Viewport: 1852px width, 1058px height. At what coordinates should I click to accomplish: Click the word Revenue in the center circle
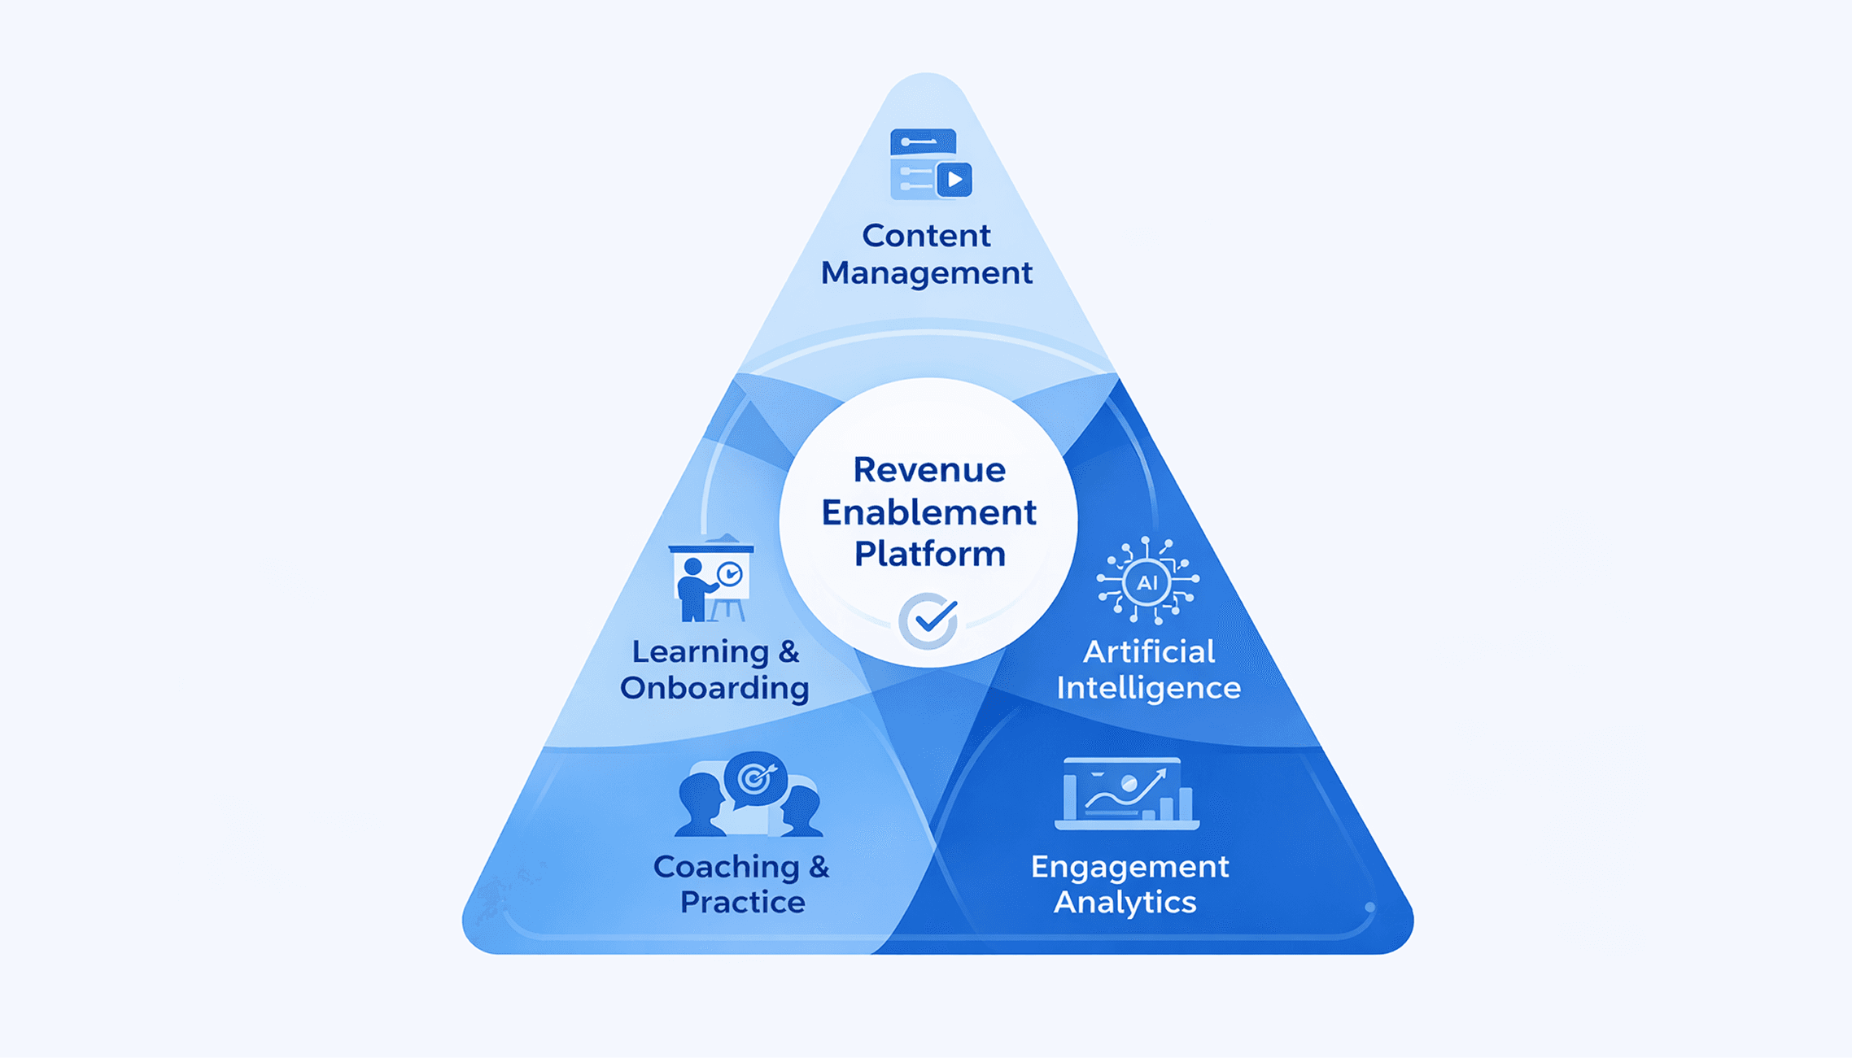(928, 470)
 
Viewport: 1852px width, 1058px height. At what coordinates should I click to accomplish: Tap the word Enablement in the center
(928, 512)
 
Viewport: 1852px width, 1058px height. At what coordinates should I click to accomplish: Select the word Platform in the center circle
(929, 555)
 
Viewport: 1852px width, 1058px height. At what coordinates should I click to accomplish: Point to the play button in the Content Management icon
(954, 179)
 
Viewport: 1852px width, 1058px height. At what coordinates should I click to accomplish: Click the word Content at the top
(926, 236)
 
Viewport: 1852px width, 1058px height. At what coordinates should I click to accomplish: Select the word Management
(926, 272)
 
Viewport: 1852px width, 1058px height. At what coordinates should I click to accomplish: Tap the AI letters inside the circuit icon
(1147, 582)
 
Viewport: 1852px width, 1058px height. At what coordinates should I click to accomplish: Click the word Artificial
(1148, 651)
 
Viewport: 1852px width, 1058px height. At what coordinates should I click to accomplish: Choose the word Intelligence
(1148, 688)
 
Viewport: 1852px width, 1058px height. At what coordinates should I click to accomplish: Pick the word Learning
(700, 651)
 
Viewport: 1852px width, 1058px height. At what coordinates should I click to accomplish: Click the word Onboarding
(714, 688)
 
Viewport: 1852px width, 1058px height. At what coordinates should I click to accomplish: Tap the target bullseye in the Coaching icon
(755, 778)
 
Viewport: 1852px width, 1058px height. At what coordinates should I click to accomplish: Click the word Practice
(742, 902)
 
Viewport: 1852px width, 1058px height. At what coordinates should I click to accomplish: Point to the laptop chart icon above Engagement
(1126, 794)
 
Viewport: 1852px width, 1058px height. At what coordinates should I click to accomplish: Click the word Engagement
(1129, 867)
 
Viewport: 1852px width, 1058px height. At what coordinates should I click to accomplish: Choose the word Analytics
(1125, 902)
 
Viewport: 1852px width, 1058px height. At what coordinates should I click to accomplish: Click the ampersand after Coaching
(819, 867)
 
